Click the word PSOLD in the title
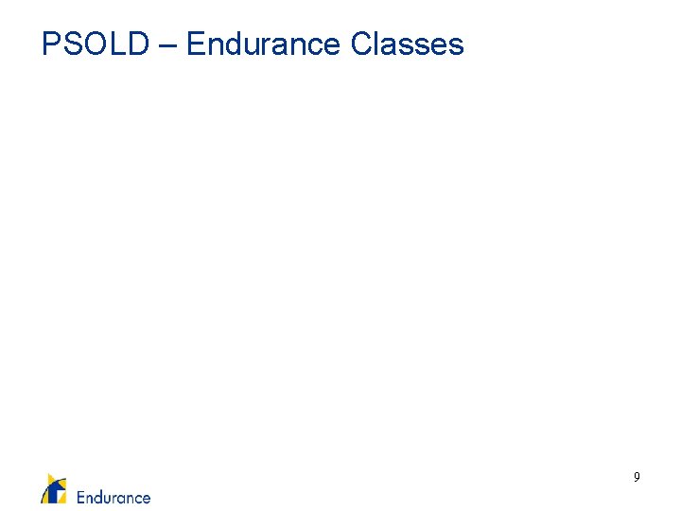tap(95, 44)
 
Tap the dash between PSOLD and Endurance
tap(167, 45)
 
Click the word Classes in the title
tap(407, 44)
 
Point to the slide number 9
tap(637, 478)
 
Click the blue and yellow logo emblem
tap(54, 489)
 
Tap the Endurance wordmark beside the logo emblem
tap(113, 497)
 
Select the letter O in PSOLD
tap(94, 44)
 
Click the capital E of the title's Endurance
tap(196, 44)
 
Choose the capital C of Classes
tap(361, 44)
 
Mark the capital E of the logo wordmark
tap(81, 497)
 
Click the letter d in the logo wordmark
tap(99, 497)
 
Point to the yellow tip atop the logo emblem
tap(51, 477)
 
